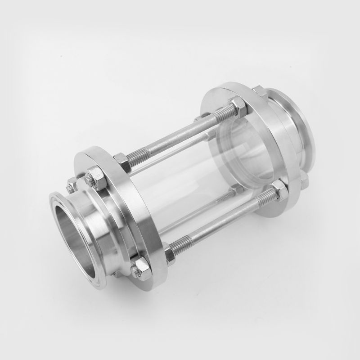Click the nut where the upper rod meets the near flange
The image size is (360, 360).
(121, 159)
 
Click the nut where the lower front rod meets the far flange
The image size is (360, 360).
(279, 191)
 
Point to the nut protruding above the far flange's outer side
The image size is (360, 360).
(260, 90)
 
